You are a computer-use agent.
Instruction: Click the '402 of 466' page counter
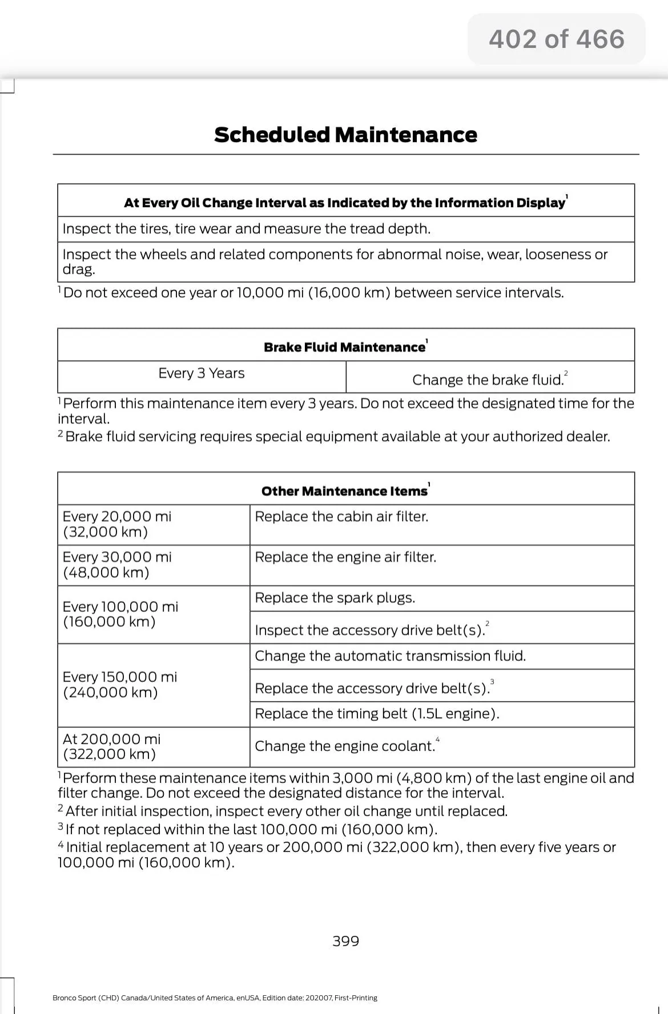[x=556, y=39]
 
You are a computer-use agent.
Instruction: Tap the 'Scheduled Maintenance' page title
[x=345, y=135]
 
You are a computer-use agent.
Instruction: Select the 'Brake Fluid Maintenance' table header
[x=345, y=347]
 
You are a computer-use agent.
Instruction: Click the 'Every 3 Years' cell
[x=202, y=373]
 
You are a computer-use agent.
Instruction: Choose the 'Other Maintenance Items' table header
[x=344, y=491]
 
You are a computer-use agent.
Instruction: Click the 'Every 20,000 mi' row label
[x=117, y=524]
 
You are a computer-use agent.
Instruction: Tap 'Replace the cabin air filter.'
[x=341, y=516]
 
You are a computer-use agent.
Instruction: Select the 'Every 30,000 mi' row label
[x=117, y=564]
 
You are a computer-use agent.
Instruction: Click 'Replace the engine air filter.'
[x=345, y=557]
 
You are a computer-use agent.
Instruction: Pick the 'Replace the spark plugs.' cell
[x=335, y=597]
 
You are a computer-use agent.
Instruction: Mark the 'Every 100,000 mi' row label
[x=120, y=614]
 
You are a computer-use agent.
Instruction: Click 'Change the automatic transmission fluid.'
[x=390, y=656]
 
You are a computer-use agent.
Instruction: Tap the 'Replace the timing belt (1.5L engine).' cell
[x=377, y=713]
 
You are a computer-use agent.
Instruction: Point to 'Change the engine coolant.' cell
[x=345, y=746]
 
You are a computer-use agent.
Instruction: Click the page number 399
[x=345, y=941]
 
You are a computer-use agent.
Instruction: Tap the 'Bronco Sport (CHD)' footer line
[x=215, y=998]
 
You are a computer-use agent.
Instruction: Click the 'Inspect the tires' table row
[x=247, y=229]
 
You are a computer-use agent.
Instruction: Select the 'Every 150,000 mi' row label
[x=120, y=684]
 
